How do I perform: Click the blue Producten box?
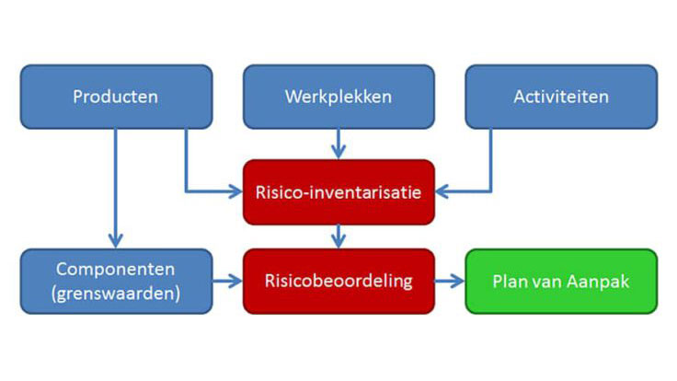click(116, 97)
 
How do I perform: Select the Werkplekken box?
click(338, 97)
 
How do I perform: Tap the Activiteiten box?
click(560, 97)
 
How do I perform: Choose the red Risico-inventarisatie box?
click(338, 192)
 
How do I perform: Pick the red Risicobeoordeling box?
click(338, 281)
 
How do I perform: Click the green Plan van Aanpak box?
click(561, 282)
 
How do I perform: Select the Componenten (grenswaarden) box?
click(116, 281)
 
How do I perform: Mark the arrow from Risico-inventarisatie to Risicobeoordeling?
click(338, 237)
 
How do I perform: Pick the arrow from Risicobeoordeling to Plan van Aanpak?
click(450, 282)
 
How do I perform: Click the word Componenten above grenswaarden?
click(116, 270)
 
